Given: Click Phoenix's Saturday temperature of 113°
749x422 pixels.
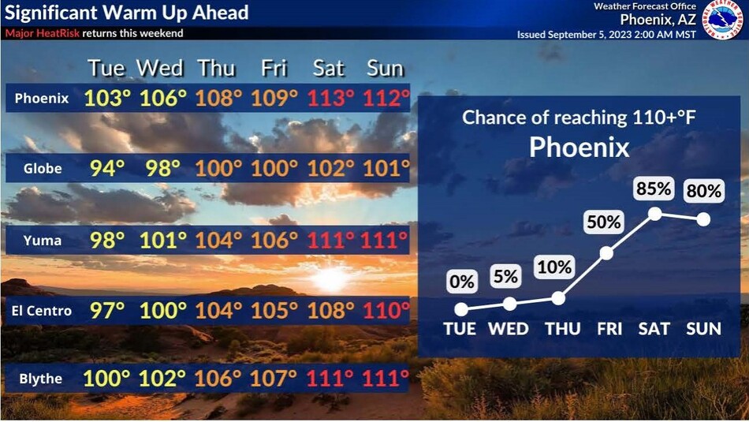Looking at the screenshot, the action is (x=330, y=99).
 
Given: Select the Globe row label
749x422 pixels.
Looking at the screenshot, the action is (x=43, y=168).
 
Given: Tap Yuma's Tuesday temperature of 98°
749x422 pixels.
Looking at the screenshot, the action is (x=107, y=240).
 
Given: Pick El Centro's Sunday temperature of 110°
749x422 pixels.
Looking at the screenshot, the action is (x=386, y=311).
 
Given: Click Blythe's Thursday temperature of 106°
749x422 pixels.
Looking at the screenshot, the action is (x=218, y=379).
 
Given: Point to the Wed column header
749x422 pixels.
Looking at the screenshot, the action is (x=160, y=69).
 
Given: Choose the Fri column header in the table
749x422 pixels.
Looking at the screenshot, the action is (x=274, y=69).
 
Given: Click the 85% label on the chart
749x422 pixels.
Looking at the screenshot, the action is (x=654, y=189).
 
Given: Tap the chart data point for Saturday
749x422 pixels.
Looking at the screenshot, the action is (x=655, y=214).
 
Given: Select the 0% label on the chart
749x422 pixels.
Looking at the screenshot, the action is (x=461, y=282).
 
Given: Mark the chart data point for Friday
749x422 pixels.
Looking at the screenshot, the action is (x=606, y=253).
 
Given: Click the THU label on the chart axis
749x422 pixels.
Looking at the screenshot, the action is (x=563, y=329).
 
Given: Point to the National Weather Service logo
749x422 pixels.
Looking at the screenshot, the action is (x=722, y=20).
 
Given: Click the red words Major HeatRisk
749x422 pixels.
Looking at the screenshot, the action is (x=43, y=33).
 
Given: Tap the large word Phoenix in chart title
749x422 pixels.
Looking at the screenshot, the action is (x=579, y=147).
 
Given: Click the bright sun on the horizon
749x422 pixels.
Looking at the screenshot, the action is (x=330, y=279).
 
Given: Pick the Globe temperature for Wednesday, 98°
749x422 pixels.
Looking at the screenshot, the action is (x=163, y=168).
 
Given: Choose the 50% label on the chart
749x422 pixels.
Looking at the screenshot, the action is (x=604, y=222).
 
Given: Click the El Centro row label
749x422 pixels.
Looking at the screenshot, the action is (x=42, y=311).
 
